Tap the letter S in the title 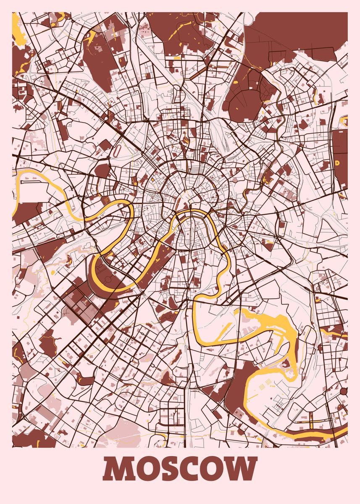click(x=169, y=469)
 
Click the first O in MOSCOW click(x=145, y=469)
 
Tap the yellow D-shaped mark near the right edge click(x=337, y=163)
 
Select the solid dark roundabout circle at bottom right click(x=344, y=391)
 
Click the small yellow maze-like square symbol click(x=107, y=200)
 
